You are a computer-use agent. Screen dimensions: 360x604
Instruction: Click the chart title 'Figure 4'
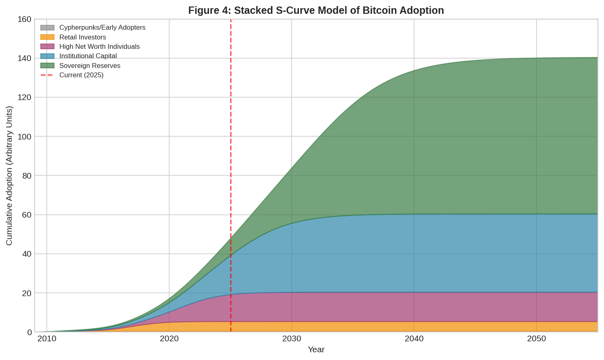[316, 10]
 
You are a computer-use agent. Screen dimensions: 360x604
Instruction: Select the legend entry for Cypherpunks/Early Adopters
[102, 28]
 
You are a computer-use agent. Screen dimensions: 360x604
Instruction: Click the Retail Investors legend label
[83, 37]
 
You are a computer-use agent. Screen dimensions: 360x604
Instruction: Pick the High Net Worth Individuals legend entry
[99, 47]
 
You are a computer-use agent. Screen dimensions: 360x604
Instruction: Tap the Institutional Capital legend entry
[88, 56]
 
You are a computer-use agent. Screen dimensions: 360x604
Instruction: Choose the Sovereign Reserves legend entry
[89, 65]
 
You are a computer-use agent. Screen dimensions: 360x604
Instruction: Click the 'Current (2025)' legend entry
[81, 75]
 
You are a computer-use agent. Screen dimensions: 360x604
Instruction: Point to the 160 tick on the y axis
[24, 19]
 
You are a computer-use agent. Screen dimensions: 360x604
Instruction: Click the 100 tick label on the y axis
[24, 136]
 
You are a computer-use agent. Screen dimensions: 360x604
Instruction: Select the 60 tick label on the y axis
[26, 215]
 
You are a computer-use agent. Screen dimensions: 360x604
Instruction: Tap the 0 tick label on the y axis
[29, 332]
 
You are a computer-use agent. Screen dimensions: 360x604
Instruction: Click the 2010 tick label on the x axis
[47, 339]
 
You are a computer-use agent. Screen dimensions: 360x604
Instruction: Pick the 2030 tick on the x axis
[292, 339]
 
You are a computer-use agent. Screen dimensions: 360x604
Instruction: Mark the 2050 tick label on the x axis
[536, 339]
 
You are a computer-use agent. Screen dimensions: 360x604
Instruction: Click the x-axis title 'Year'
[316, 349]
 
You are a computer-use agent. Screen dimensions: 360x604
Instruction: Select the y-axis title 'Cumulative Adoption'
[9, 176]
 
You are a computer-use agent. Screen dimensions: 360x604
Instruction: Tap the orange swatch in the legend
[47, 37]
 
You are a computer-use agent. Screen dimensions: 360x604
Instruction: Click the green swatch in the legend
[47, 65]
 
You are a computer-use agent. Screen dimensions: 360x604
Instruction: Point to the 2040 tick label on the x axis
[414, 339]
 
